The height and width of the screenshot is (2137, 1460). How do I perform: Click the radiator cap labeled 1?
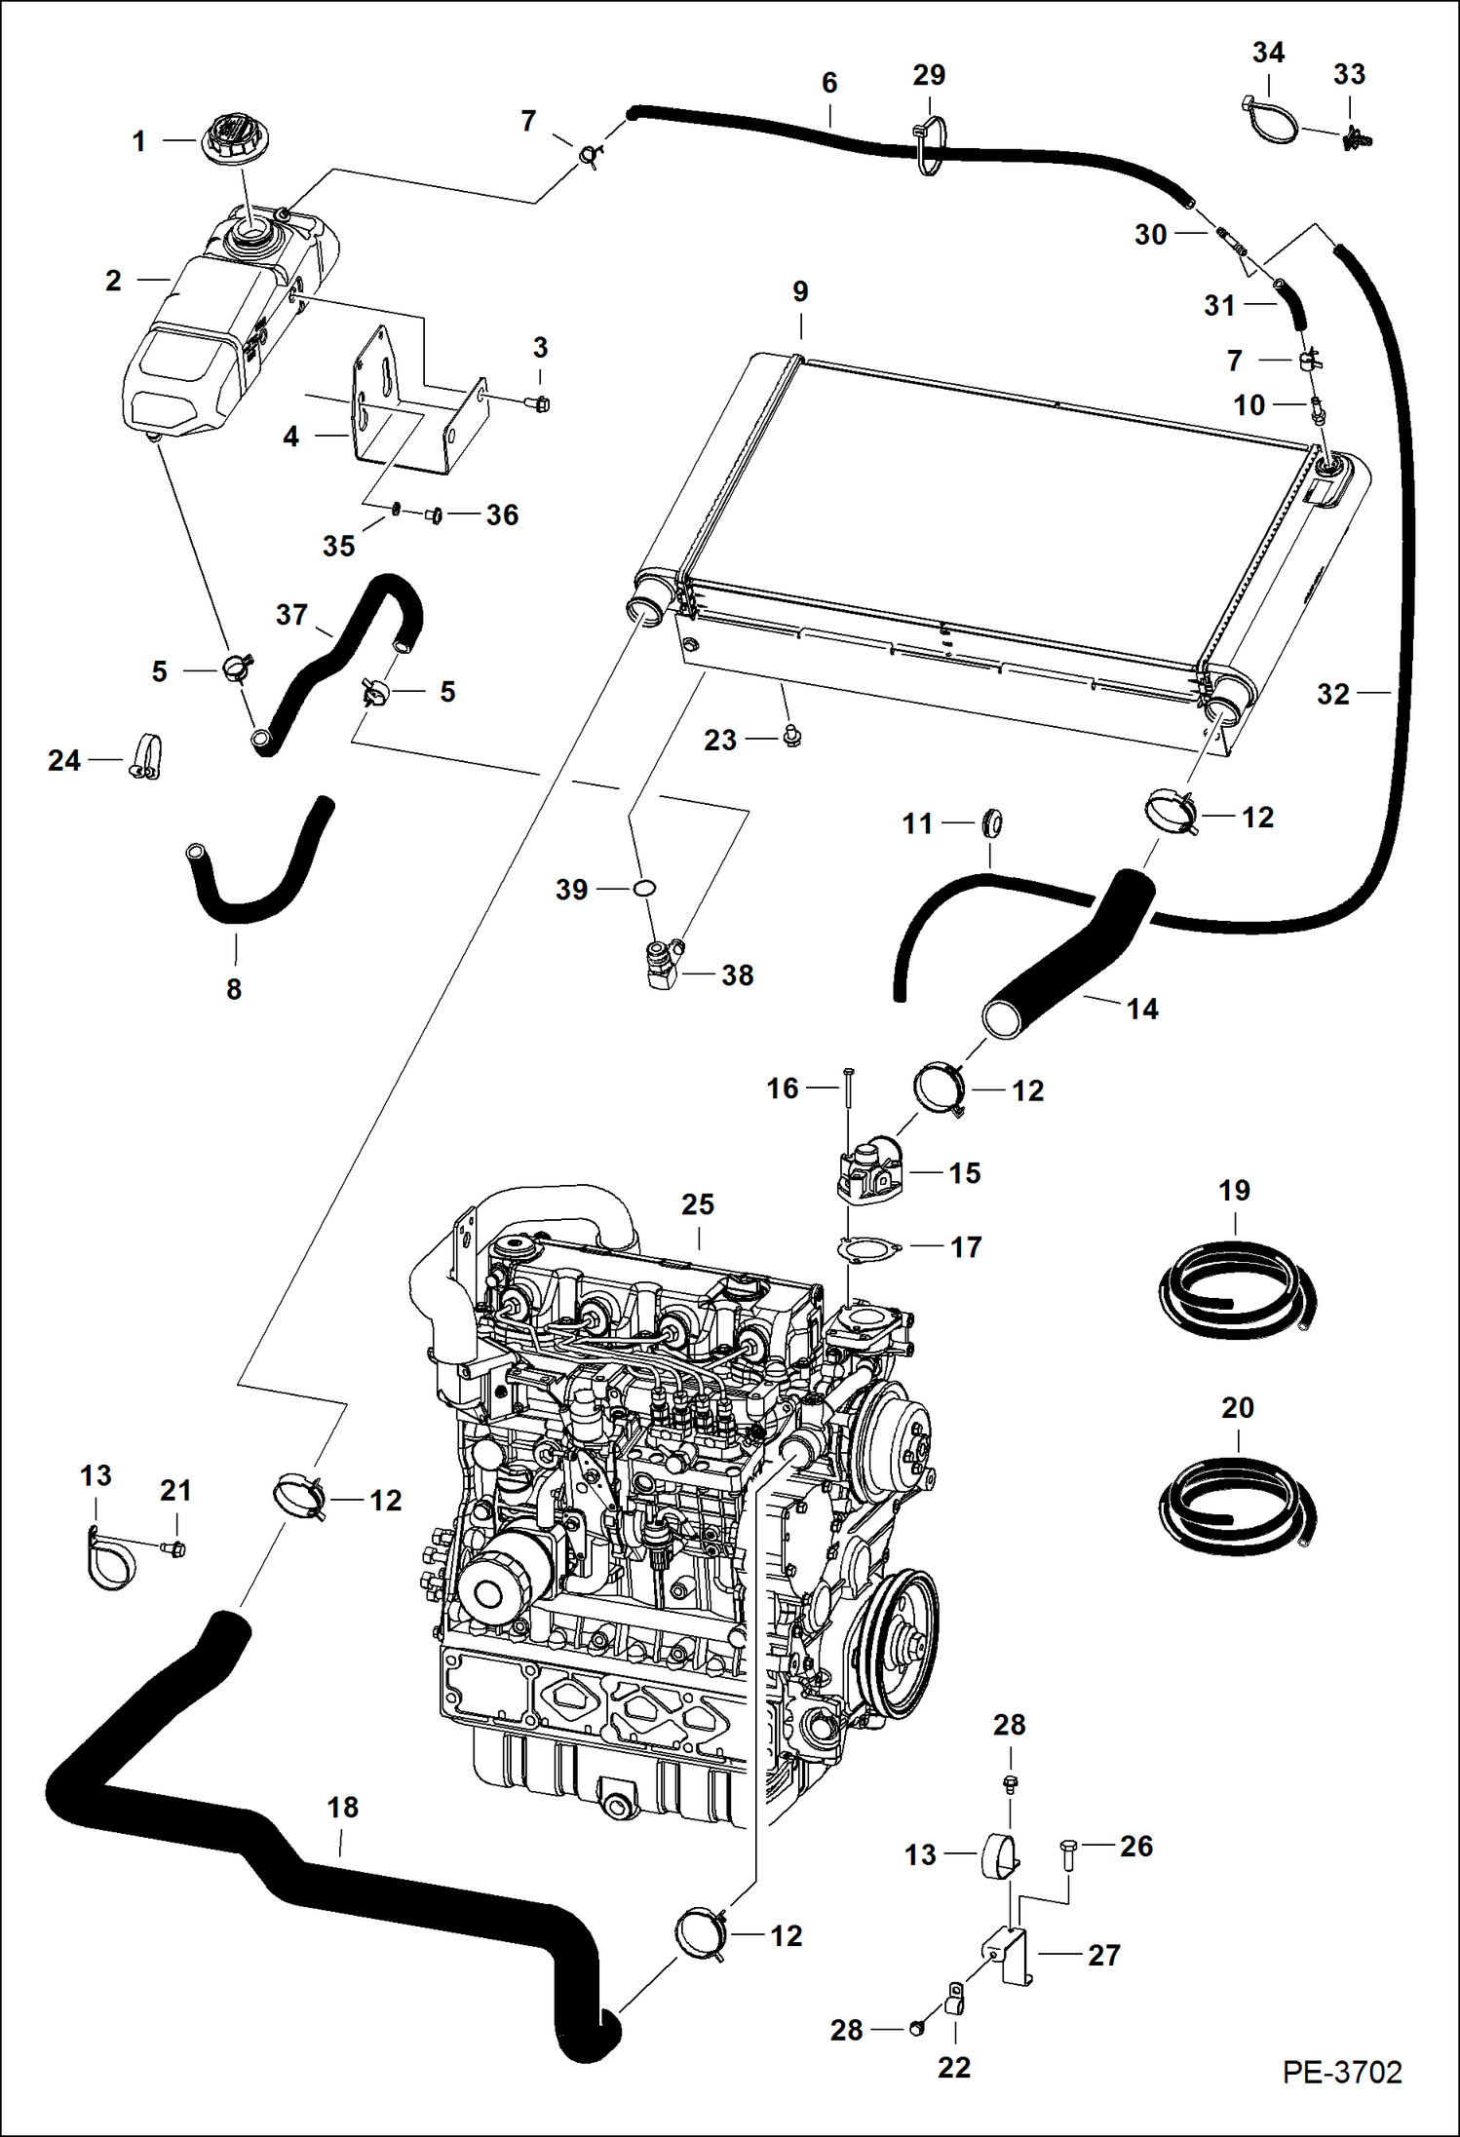(234, 139)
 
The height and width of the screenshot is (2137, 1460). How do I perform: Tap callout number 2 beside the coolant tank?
(113, 281)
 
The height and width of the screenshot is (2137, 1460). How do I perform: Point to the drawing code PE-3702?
(1341, 2072)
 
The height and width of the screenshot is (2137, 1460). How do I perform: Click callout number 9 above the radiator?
(800, 291)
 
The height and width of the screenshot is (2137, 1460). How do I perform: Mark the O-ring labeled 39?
(644, 888)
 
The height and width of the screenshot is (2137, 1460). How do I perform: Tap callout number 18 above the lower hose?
(343, 1808)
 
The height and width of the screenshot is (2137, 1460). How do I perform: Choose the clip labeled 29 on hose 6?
(929, 146)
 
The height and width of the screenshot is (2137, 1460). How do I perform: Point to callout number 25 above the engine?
(698, 1204)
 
